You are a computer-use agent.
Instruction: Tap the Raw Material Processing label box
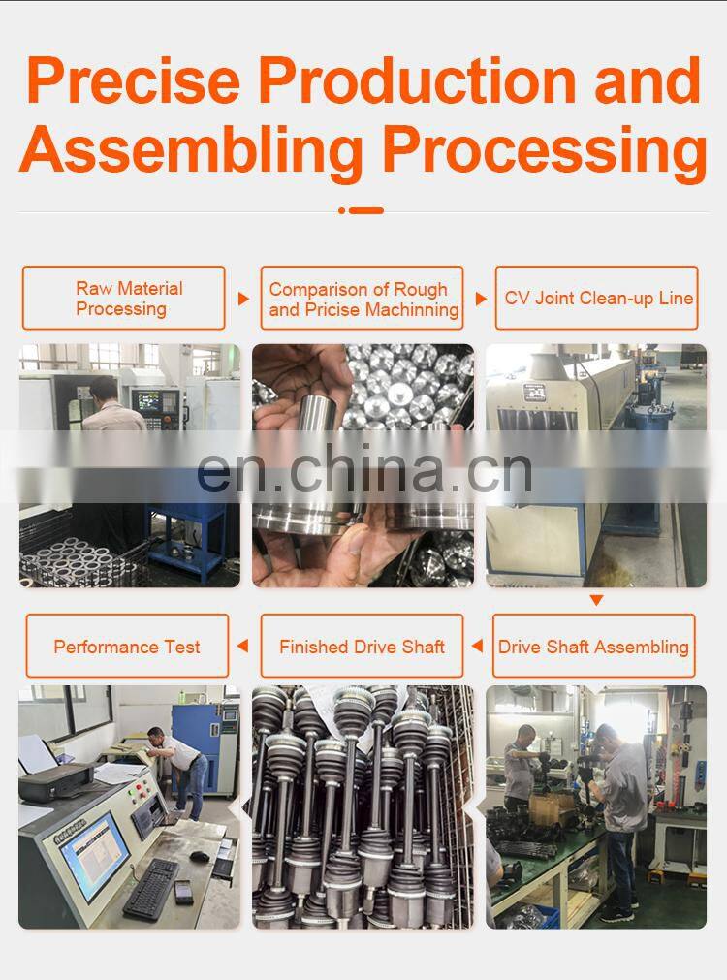(x=123, y=299)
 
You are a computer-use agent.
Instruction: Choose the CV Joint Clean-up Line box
(x=597, y=298)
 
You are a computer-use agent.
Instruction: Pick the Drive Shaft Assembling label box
(x=593, y=646)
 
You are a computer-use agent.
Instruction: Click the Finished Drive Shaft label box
(x=362, y=646)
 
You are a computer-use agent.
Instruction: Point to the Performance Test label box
(x=127, y=646)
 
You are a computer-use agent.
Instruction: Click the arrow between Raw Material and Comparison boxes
(x=243, y=299)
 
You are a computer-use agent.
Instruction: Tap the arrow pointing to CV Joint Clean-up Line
(x=481, y=299)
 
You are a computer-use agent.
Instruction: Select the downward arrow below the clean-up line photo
(x=596, y=601)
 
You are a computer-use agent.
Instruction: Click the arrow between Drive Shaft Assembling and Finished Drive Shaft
(x=477, y=646)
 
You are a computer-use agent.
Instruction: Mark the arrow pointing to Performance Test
(x=242, y=646)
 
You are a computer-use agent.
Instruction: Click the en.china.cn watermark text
(x=363, y=470)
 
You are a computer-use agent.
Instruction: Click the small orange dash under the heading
(x=364, y=210)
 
